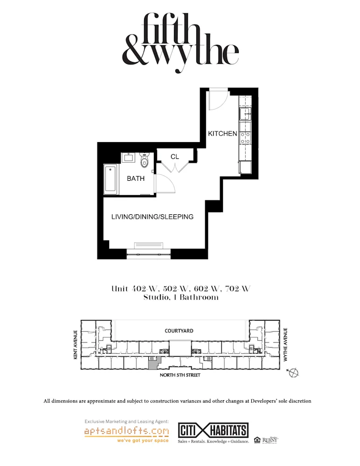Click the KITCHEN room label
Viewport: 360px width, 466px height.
click(222, 134)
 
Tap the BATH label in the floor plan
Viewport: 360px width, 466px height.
click(136, 178)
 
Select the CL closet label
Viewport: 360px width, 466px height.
click(174, 157)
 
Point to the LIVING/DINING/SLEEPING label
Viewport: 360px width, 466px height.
click(152, 217)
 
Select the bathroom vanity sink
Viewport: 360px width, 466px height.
click(129, 158)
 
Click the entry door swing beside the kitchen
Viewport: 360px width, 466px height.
click(217, 100)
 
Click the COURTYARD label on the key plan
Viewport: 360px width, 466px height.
click(179, 331)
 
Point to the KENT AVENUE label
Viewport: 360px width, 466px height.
click(74, 346)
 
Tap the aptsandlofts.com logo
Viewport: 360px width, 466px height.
click(126, 432)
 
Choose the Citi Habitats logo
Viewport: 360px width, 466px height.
click(213, 430)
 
